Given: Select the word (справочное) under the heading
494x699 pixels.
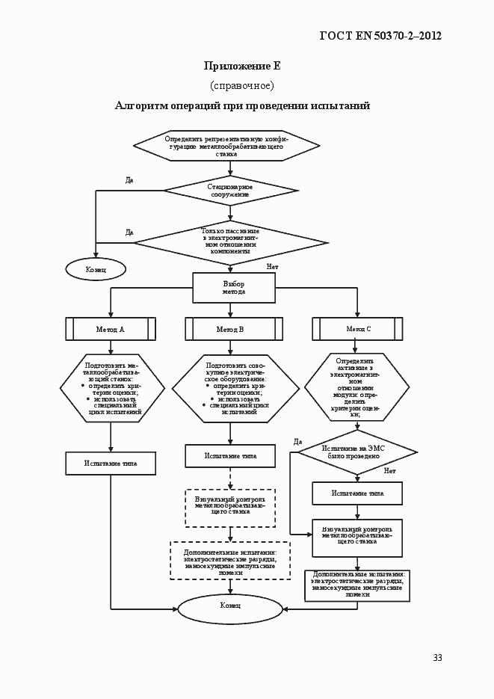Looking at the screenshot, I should (242, 85).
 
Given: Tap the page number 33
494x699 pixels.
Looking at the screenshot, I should (437, 658).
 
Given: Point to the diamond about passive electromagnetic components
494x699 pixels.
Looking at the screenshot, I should (230, 241).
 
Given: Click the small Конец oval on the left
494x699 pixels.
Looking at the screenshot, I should (96, 269).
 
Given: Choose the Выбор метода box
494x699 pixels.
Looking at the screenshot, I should (234, 288).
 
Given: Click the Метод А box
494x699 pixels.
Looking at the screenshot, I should (111, 329).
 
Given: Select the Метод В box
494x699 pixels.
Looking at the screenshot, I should (230, 329).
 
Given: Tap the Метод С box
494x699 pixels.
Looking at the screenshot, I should (357, 329).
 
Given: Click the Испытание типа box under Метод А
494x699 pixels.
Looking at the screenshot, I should (111, 464).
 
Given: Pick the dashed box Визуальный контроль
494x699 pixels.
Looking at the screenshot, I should (230, 505).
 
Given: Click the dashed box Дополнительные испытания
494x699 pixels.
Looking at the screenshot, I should (230, 560).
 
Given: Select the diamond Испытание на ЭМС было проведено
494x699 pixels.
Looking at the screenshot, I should (357, 452).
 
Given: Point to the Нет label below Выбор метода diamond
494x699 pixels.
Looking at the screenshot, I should (272, 267).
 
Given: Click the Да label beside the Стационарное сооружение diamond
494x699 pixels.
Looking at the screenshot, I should (129, 180).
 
